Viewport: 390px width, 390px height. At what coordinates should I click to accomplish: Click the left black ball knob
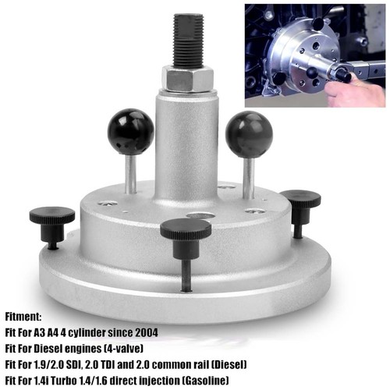pyautogui.click(x=130, y=133)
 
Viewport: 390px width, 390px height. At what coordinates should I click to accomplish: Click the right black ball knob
pyautogui.click(x=249, y=135)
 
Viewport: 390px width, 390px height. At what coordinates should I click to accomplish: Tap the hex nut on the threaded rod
pyautogui.click(x=188, y=78)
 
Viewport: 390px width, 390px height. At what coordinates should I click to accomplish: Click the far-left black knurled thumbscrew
pyautogui.click(x=52, y=223)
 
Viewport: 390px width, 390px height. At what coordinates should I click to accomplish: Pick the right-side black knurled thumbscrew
pyautogui.click(x=300, y=208)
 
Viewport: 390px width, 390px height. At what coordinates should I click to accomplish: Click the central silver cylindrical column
pyautogui.click(x=186, y=146)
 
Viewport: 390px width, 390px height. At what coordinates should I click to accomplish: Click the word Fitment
pyautogui.click(x=23, y=317)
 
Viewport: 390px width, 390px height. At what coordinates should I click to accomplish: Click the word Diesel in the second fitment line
pyautogui.click(x=49, y=349)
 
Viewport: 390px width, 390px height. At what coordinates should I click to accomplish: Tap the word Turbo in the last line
pyautogui.click(x=64, y=381)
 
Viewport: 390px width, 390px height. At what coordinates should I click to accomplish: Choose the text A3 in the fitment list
pyautogui.click(x=39, y=332)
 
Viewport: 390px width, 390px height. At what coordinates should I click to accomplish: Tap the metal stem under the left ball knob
pyautogui.click(x=130, y=174)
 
